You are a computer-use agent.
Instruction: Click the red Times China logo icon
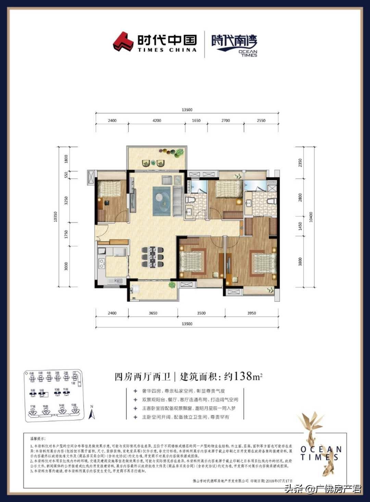[x=123, y=41]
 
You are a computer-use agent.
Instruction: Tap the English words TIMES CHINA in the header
[x=167, y=50]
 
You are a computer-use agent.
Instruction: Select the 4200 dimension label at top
[x=157, y=120]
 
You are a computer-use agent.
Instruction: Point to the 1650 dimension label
[x=196, y=120]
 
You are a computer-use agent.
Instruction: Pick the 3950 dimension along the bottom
[x=251, y=313]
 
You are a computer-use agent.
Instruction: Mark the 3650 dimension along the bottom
[x=153, y=313]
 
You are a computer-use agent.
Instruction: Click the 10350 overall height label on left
[x=56, y=217]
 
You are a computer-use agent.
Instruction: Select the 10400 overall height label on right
[x=311, y=217]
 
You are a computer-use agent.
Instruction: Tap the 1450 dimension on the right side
[x=300, y=226]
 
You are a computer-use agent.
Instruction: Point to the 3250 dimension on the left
[x=66, y=200]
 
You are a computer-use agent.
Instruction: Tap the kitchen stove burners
[x=102, y=264]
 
